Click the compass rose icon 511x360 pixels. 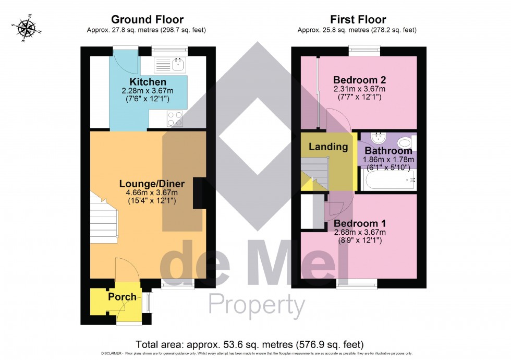click(x=26, y=29)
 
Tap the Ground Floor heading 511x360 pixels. click(x=147, y=20)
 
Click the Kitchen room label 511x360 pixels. click(x=148, y=82)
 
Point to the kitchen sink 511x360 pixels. click(x=177, y=65)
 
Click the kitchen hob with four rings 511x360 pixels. click(x=175, y=119)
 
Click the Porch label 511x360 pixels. click(x=122, y=297)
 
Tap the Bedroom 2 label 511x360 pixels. click(x=359, y=80)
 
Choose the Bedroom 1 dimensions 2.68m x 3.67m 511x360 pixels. click(x=359, y=232)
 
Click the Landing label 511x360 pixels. click(x=328, y=147)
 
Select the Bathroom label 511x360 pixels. click(x=388, y=151)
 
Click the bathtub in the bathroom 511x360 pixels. click(x=388, y=181)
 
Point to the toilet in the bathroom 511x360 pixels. click(x=405, y=141)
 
